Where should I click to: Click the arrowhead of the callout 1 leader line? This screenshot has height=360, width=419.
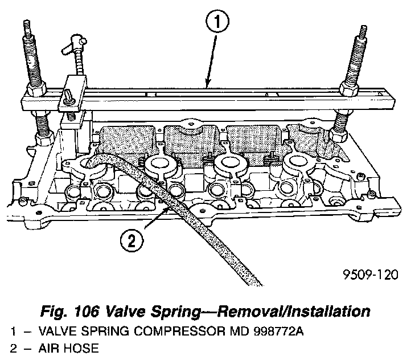pos(208,86)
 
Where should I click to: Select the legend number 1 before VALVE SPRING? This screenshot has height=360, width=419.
pos(13,331)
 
